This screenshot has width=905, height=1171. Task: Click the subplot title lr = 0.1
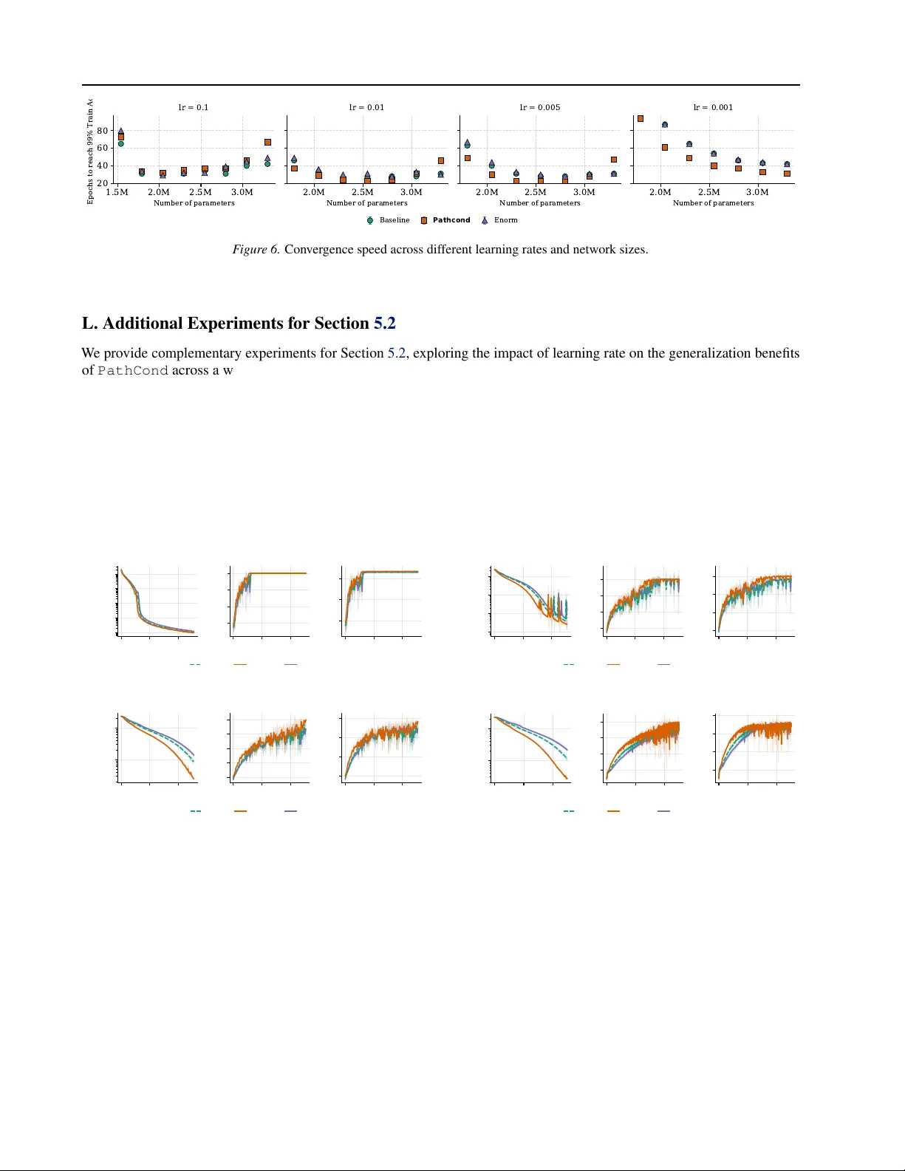point(194,107)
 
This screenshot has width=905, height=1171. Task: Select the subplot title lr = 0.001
point(713,107)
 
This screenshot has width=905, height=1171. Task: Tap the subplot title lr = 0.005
point(540,107)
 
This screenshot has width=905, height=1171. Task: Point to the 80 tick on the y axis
point(102,131)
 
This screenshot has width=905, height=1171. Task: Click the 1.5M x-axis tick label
point(117,192)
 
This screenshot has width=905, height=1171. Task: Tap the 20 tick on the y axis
point(102,183)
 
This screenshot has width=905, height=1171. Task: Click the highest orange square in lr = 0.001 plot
point(641,118)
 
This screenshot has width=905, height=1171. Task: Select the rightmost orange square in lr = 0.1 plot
point(267,142)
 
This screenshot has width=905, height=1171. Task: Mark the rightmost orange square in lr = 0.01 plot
point(441,160)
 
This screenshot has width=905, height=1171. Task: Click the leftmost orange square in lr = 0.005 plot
point(468,158)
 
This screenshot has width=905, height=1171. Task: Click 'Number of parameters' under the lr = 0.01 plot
point(366,203)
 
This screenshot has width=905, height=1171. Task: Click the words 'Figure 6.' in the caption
point(256,250)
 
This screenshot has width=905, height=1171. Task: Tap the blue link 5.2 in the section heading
point(384,324)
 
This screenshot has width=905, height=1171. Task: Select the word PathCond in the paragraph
point(133,371)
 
